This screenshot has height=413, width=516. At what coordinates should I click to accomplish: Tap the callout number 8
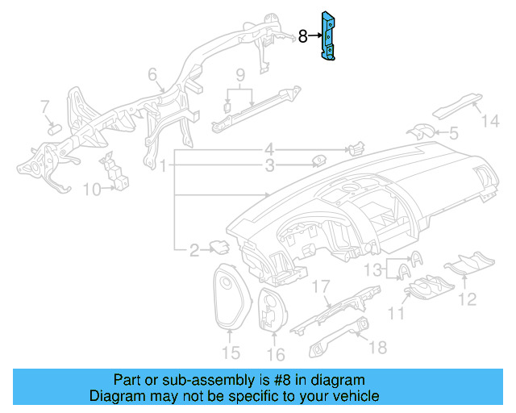click(303, 36)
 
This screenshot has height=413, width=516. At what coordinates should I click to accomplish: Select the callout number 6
click(152, 75)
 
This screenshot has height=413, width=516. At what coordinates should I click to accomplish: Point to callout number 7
click(45, 106)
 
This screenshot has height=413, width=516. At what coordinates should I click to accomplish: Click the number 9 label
click(239, 76)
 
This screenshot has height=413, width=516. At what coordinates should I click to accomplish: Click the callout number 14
click(491, 122)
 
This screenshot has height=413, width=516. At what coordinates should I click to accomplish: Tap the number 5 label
click(453, 132)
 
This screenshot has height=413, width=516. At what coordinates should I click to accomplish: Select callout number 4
click(270, 149)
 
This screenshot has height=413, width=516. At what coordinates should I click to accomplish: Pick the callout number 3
click(270, 166)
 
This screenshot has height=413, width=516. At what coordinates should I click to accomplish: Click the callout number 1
click(163, 167)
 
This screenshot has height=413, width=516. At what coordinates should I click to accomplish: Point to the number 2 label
click(193, 251)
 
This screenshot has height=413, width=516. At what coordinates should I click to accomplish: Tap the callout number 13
click(372, 269)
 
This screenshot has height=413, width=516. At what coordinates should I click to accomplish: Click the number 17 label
click(322, 286)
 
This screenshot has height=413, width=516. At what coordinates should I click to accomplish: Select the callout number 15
click(231, 353)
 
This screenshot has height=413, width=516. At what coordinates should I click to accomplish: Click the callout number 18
click(377, 347)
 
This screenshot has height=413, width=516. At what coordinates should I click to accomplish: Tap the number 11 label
click(397, 312)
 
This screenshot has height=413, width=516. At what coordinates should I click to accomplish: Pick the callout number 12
click(468, 300)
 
